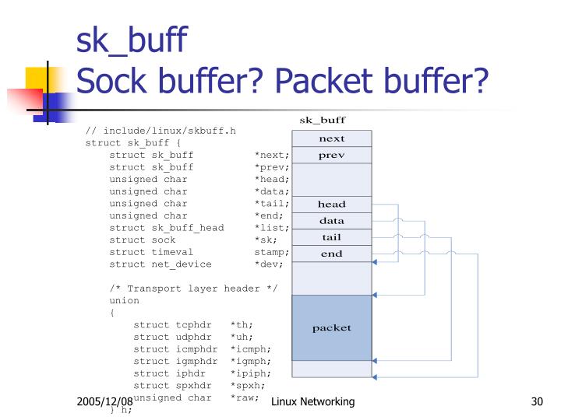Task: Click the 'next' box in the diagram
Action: click(332, 138)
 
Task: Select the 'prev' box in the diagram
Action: click(332, 156)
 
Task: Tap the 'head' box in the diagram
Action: click(332, 205)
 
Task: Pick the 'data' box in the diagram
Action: click(332, 221)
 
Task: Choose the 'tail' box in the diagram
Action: click(332, 237)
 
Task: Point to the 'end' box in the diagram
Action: click(332, 254)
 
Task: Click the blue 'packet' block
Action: click(332, 327)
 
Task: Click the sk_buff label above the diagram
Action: click(323, 120)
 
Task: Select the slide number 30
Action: click(535, 401)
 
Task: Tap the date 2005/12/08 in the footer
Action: click(104, 401)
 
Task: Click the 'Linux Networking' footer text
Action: click(313, 401)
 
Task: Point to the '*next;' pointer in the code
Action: click(272, 155)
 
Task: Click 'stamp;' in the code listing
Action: click(272, 252)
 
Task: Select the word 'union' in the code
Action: click(125, 300)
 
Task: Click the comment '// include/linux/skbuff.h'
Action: click(161, 131)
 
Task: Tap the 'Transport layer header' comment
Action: click(194, 289)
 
